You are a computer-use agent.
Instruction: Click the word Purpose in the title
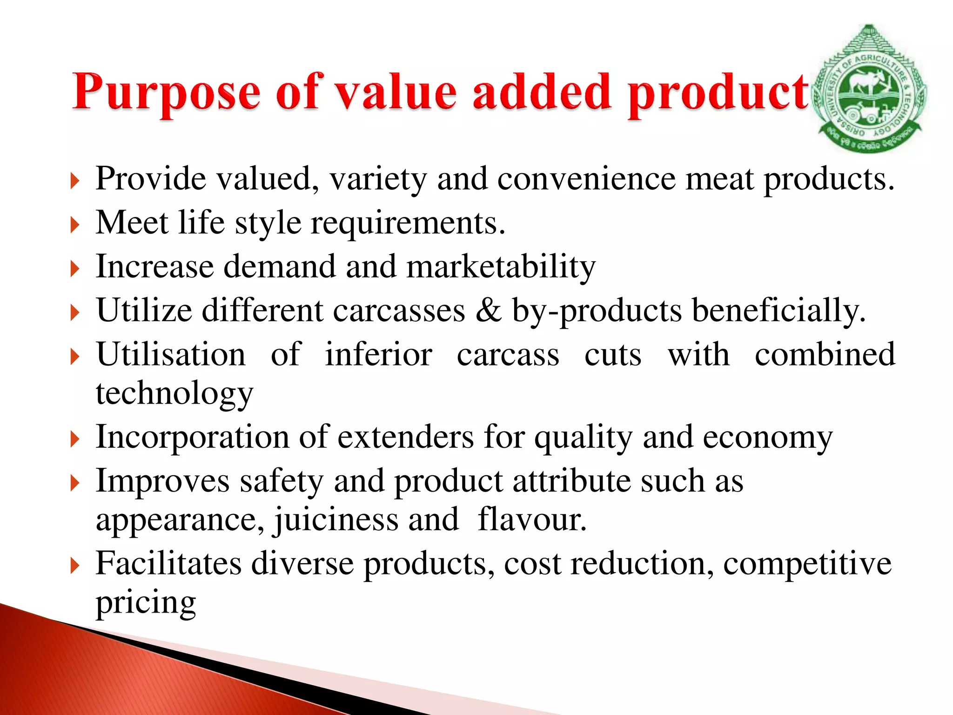click(x=166, y=93)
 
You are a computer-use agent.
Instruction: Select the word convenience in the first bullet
click(x=586, y=179)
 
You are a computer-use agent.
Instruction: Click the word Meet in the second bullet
click(x=132, y=223)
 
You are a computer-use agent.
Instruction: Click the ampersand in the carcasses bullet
click(x=488, y=310)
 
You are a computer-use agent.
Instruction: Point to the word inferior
click(x=378, y=355)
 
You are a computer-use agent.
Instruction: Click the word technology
click(x=174, y=394)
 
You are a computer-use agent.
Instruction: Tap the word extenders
click(x=405, y=438)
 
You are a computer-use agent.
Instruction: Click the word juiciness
click(x=336, y=520)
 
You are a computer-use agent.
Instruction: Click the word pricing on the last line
click(x=146, y=603)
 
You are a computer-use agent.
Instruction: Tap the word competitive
click(x=807, y=564)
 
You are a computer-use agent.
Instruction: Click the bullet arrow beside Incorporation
click(x=75, y=439)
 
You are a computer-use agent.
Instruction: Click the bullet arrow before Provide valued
click(x=75, y=181)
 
